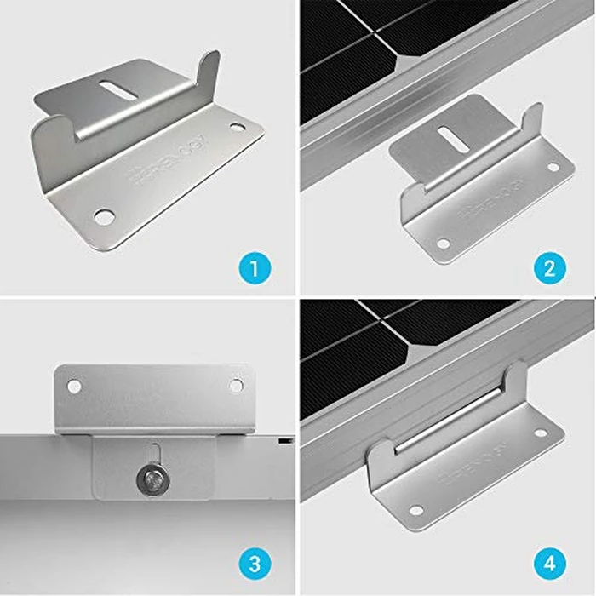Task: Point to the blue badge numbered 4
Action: point(550,564)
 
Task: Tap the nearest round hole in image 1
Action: point(103,216)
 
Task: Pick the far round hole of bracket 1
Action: point(237,129)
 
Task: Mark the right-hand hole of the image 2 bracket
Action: point(554,167)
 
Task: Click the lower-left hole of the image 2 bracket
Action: point(443,243)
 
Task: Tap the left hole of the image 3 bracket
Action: point(75,386)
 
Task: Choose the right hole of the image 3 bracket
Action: point(236,386)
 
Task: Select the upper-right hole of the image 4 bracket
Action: point(540,433)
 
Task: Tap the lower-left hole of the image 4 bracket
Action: point(415,510)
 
